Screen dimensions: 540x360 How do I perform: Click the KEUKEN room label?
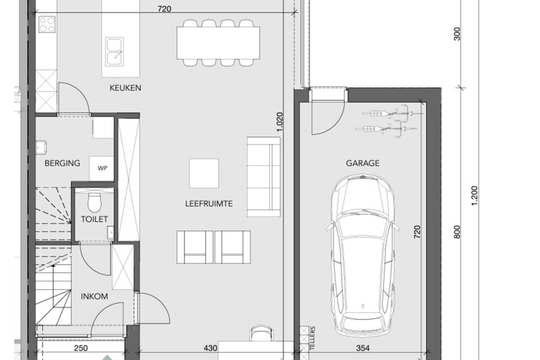click(x=125, y=88)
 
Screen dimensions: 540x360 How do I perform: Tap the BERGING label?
click(x=62, y=163)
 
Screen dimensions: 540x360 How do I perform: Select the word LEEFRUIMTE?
click(x=209, y=203)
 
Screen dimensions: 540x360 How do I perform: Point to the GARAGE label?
click(x=362, y=163)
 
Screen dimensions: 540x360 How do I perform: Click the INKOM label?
click(x=94, y=296)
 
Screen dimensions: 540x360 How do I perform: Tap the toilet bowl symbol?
click(x=94, y=202)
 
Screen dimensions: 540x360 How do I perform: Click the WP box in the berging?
click(x=102, y=168)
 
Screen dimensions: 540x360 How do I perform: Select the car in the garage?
click(x=362, y=256)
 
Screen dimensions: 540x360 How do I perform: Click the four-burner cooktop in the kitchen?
click(x=47, y=24)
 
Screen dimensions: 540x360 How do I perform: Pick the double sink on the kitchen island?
click(x=115, y=52)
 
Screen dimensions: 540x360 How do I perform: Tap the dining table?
click(x=218, y=43)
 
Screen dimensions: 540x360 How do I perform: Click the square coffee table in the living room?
click(x=204, y=173)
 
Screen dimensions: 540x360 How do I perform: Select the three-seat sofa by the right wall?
click(x=263, y=177)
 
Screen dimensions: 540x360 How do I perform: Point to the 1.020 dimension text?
click(x=279, y=122)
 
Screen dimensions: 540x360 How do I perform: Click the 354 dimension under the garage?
click(x=363, y=348)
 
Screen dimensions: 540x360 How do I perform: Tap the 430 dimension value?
click(x=210, y=348)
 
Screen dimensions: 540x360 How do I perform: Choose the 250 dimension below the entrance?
click(x=81, y=348)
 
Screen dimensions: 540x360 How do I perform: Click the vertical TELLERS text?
click(x=313, y=338)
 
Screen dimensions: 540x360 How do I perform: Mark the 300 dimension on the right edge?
click(x=457, y=34)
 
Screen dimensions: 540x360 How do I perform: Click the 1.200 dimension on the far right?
click(x=475, y=196)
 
